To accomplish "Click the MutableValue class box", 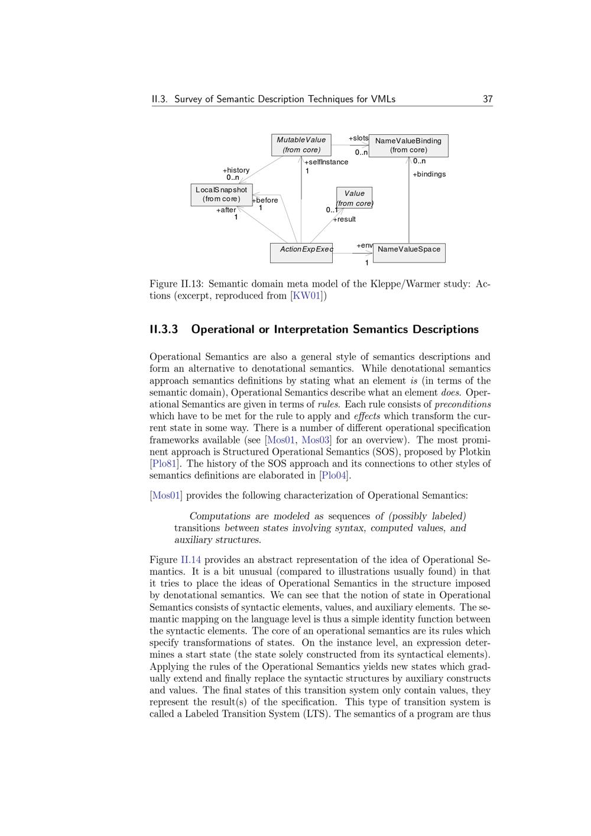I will [x=301, y=145].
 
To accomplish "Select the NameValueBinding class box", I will [x=408, y=145].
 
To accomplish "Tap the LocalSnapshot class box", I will [x=222, y=195].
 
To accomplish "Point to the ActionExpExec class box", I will [x=301, y=252].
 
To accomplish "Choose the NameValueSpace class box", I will [x=409, y=252].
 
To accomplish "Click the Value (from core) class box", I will [x=354, y=198].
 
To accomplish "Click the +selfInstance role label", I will [x=326, y=162].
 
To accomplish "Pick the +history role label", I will [x=236, y=170].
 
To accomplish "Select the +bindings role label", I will [x=429, y=174].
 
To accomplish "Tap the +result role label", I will [x=344, y=219].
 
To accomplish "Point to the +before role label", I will [x=265, y=200].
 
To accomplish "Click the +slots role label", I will [x=359, y=138].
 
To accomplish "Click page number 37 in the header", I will [x=488, y=99].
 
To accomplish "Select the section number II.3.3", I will [x=164, y=329].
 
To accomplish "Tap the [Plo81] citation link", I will [x=164, y=464].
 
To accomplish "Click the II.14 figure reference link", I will [x=191, y=560].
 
